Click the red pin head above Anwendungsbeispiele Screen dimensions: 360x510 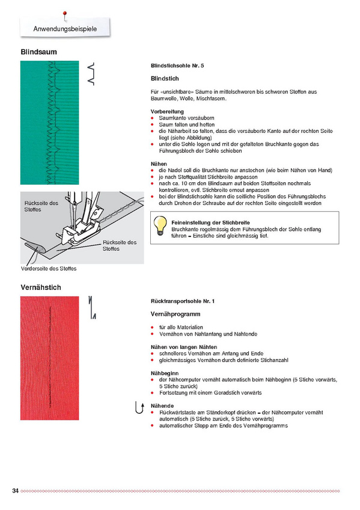point(65,14)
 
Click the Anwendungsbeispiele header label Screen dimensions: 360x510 point(65,29)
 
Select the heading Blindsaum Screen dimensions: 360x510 point(38,52)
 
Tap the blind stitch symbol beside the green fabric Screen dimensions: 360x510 point(91,74)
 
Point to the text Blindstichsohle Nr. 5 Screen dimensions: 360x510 point(177,66)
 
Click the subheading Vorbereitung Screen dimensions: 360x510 point(167,112)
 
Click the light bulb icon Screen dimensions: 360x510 point(160,226)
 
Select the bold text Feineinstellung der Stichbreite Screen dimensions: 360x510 point(210,223)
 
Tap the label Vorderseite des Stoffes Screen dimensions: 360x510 point(49,269)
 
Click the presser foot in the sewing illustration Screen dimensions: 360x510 point(79,233)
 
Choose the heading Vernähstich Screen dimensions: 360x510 point(41,287)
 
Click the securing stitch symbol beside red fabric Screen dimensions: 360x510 point(92,307)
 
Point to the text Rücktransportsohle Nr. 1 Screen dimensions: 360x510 point(183,301)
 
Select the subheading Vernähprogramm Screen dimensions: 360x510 point(175,314)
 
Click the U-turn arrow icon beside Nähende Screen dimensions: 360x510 point(139,408)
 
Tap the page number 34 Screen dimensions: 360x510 point(15,491)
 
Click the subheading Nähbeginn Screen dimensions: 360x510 point(165,373)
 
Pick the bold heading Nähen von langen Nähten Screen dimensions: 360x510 point(184,347)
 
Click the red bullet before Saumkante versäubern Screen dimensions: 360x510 point(153,118)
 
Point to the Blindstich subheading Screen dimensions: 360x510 point(165,79)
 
